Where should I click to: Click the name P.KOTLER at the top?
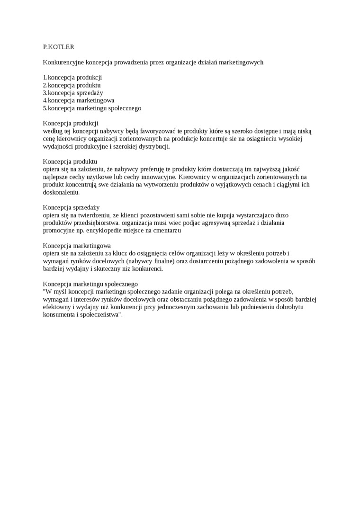tap(58, 47)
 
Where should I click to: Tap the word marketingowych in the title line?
tap(241, 62)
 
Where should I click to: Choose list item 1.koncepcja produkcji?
tap(72, 77)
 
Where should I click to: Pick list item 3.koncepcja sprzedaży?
tap(73, 93)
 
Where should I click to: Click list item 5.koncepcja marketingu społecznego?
tap(92, 108)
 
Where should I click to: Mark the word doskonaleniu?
tap(61, 192)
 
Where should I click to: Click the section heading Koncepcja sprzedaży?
tap(71, 207)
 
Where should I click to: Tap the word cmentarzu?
tap(167, 230)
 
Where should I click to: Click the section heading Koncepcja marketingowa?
tap(77, 246)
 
